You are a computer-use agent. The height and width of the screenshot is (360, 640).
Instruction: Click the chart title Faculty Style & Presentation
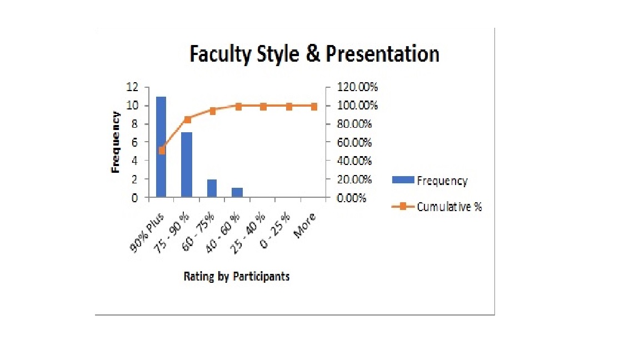click(314, 54)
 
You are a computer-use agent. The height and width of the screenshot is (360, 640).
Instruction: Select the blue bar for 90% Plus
click(161, 147)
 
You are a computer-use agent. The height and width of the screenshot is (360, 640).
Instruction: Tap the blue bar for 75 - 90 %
click(187, 165)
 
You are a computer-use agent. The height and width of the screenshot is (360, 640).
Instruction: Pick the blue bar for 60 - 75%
click(212, 188)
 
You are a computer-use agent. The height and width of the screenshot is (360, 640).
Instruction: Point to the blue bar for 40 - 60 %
click(237, 193)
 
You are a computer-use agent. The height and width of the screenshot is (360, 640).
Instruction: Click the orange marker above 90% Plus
click(162, 150)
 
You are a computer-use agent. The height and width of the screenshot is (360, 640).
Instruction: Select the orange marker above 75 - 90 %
click(187, 119)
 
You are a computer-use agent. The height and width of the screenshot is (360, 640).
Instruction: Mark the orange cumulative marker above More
click(314, 107)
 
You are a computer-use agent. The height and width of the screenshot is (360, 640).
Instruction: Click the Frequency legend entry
click(430, 181)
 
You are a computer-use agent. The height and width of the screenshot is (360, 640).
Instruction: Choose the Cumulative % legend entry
click(437, 207)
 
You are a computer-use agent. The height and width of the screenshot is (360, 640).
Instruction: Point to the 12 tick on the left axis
click(132, 87)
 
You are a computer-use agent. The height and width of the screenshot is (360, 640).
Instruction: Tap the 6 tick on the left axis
click(134, 142)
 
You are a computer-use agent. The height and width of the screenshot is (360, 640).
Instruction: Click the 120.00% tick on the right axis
click(357, 87)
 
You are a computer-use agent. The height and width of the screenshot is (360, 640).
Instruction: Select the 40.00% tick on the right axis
click(354, 161)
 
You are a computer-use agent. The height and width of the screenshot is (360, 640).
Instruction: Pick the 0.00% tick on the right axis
click(352, 198)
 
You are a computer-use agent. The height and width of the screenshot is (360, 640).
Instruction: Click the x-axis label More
click(305, 226)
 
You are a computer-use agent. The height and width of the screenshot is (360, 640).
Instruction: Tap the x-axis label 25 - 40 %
click(248, 233)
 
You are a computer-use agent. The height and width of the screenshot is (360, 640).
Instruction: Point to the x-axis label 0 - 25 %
click(275, 231)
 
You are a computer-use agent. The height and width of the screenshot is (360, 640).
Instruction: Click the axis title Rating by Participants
click(237, 276)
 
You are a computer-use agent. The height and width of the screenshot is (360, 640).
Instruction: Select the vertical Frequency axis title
click(116, 142)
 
